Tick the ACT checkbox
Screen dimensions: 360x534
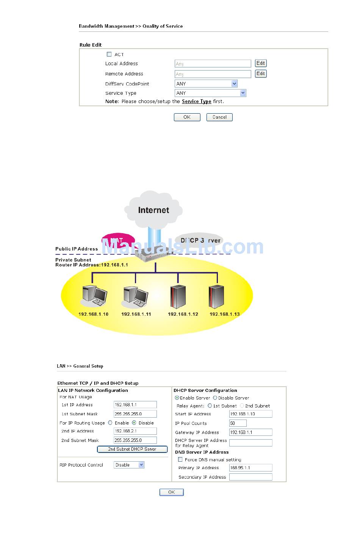point(109,54)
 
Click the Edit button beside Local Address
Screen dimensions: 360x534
point(260,63)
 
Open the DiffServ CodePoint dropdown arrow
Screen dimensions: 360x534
point(234,84)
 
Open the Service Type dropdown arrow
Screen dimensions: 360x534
point(243,93)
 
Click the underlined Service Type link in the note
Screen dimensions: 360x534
point(196,102)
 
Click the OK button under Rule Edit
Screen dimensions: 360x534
point(187,117)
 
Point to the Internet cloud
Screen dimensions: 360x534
point(153,210)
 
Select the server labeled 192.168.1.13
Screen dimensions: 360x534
point(216,296)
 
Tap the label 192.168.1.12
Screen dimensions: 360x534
point(183,314)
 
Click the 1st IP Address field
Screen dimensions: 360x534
point(135,405)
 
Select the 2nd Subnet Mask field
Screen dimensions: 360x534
point(135,440)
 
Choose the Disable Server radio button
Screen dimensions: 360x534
point(215,398)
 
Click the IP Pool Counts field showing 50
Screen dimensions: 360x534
point(238,423)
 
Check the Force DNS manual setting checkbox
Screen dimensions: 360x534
point(180,459)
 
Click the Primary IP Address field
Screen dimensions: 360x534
point(250,468)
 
